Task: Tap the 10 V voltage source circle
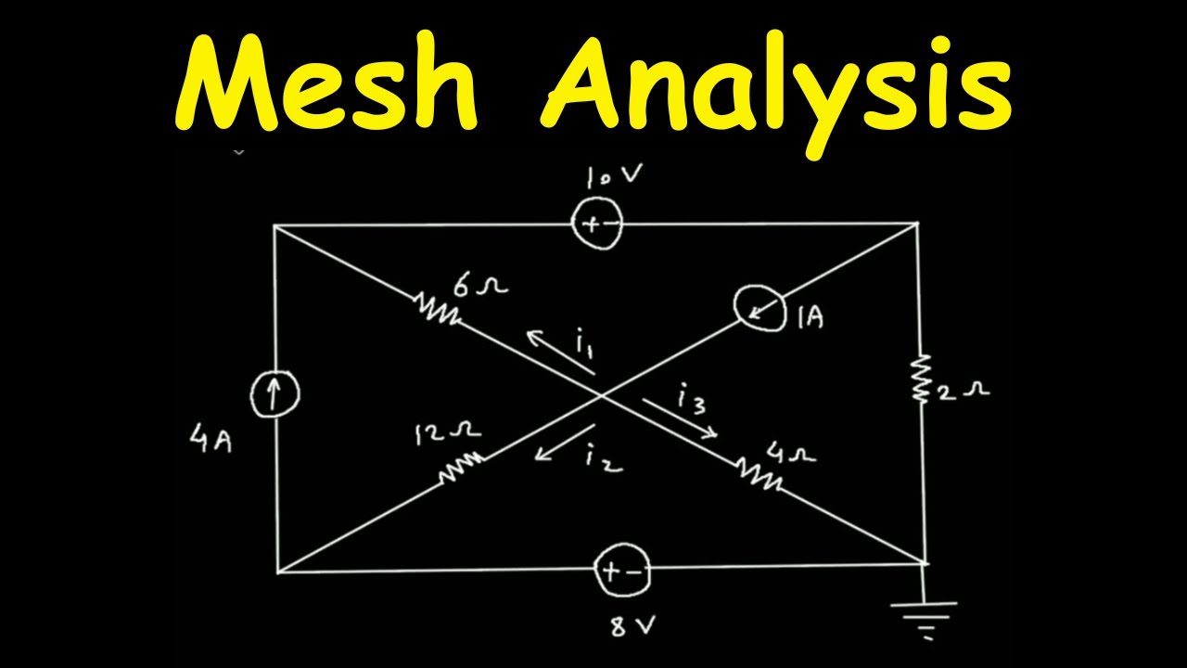[x=596, y=224]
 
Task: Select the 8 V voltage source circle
[x=621, y=571]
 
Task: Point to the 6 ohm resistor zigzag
[x=436, y=310]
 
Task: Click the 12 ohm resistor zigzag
[x=461, y=467]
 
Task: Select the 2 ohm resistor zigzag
[x=922, y=379]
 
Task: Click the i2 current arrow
[x=564, y=443]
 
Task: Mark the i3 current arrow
[x=681, y=418]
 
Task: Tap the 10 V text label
[x=614, y=176]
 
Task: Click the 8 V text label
[x=632, y=625]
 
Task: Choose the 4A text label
[x=211, y=441]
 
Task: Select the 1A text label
[x=810, y=317]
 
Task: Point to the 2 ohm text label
[x=964, y=392]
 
